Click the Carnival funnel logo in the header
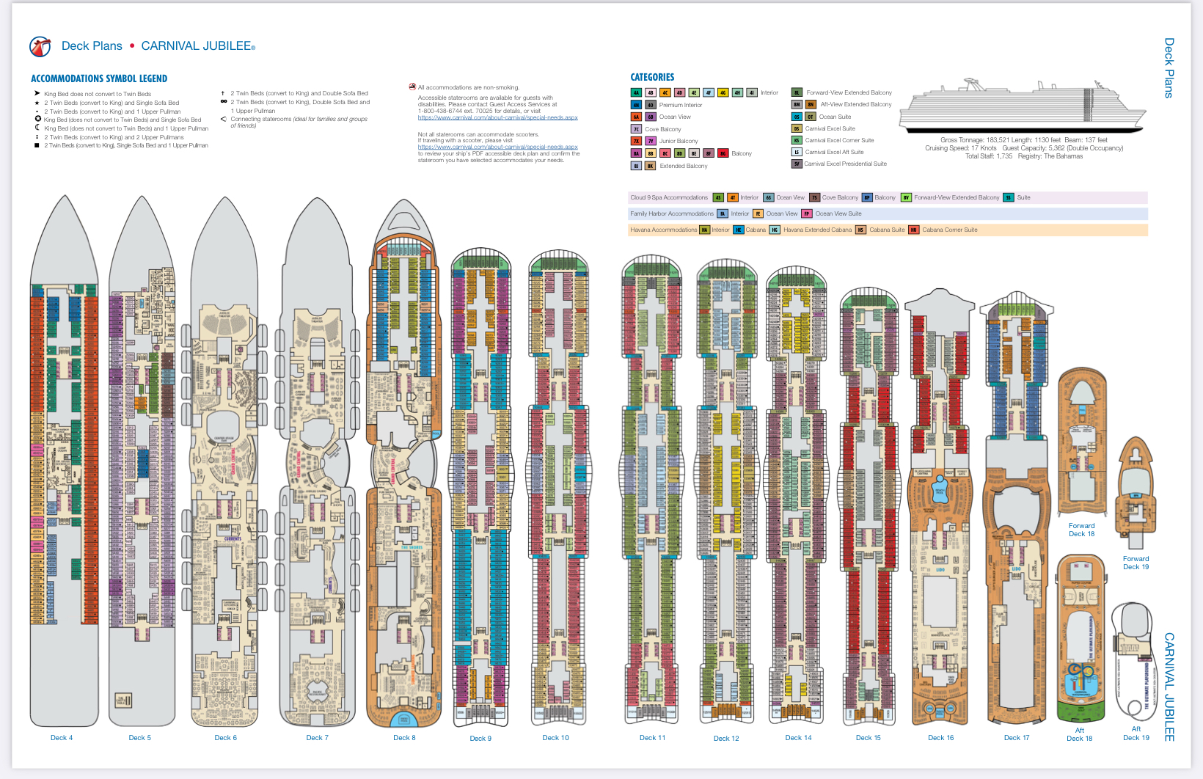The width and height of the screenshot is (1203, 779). point(40,46)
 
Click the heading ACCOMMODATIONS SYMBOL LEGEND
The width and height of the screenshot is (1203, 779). point(99,78)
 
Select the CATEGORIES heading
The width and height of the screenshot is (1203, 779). point(652,77)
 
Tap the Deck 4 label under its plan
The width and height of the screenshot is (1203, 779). point(62,738)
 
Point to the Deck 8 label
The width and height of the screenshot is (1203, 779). point(404,738)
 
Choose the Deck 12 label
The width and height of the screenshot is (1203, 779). point(726,739)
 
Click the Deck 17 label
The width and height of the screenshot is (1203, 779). point(1016,738)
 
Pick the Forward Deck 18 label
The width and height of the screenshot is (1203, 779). point(1081,530)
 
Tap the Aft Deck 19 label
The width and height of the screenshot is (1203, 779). point(1136,734)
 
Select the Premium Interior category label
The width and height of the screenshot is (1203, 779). point(680,105)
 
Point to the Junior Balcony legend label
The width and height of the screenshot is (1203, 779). point(679,141)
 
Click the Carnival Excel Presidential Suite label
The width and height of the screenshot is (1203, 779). point(845,164)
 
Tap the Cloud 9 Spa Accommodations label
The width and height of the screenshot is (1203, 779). point(669,197)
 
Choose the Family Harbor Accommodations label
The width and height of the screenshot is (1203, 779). point(671,213)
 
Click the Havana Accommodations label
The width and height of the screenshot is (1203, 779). point(663,230)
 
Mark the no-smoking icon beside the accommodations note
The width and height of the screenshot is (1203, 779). point(412,87)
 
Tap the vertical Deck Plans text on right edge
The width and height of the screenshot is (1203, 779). point(1169,67)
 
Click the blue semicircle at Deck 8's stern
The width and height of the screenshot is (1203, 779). point(403,719)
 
